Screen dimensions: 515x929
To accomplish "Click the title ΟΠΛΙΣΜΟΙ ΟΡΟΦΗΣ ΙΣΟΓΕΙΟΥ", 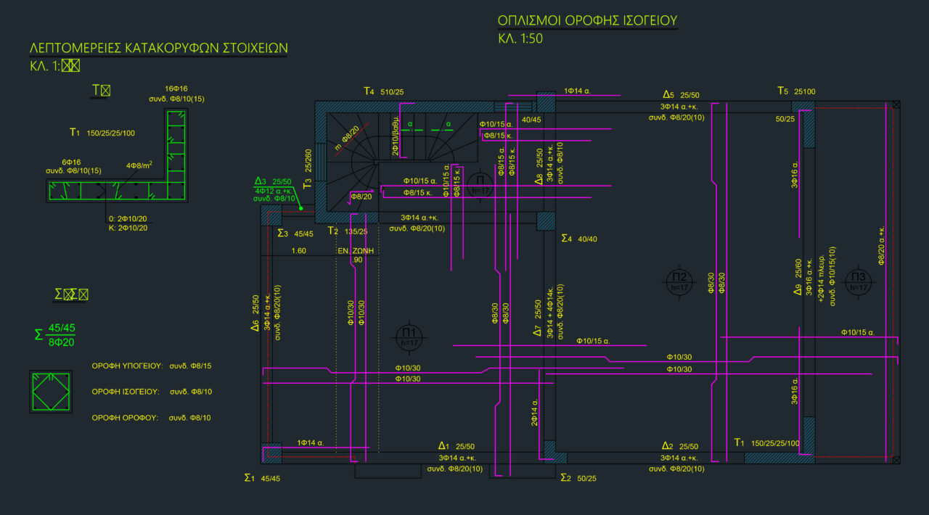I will [587, 20].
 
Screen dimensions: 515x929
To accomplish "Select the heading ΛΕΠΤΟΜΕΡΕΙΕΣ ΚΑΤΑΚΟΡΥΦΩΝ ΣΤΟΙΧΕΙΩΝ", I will [158, 49].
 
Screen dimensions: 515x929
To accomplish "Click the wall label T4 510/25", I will [384, 91].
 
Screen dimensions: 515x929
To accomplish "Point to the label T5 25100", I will [796, 91].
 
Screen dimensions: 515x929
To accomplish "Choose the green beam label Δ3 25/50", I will [273, 181].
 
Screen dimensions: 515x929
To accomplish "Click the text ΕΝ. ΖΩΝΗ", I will [356, 250].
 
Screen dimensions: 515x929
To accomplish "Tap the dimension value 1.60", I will [298, 251].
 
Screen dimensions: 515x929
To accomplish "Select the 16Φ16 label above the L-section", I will [176, 88].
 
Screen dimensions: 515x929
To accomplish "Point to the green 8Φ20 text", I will [62, 342].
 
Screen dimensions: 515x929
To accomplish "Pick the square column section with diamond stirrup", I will [51, 392].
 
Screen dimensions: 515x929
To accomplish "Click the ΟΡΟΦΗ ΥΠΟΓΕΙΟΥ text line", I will [152, 366].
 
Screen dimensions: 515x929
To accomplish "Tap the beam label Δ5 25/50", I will [681, 95].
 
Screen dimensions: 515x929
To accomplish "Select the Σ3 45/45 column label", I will [295, 234].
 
